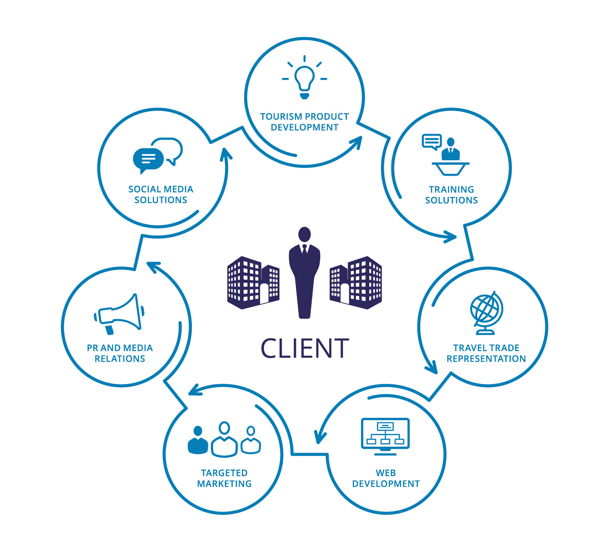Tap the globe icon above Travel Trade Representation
tap(486, 313)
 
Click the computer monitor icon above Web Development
tap(385, 436)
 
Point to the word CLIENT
tap(305, 349)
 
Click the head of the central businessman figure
tap(305, 235)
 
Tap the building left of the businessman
tap(253, 283)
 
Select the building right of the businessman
tap(356, 283)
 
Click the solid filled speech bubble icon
tap(148, 159)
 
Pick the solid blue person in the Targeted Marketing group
tap(198, 441)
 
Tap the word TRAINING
tap(451, 189)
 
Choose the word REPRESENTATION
tap(486, 359)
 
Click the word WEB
tap(386, 473)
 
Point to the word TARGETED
tap(224, 473)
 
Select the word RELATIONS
tap(120, 359)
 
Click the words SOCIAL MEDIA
tap(161, 189)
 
